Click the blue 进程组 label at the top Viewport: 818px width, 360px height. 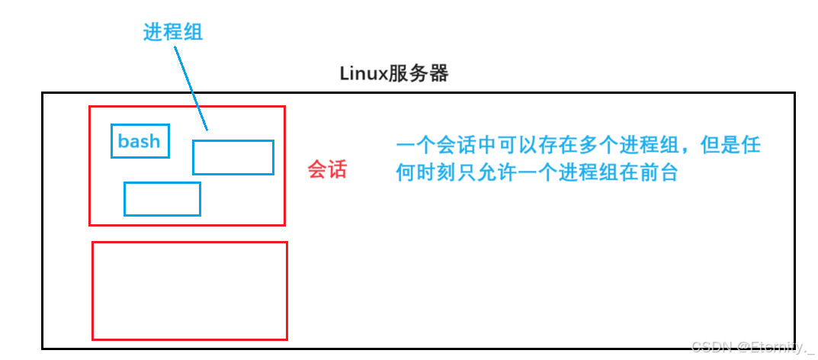click(173, 32)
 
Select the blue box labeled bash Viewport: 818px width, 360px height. click(140, 141)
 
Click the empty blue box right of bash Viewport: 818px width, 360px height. click(233, 157)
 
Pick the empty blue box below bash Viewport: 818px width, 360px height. click(162, 199)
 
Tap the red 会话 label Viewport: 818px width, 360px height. click(327, 169)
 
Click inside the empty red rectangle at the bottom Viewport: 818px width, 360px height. click(189, 291)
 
